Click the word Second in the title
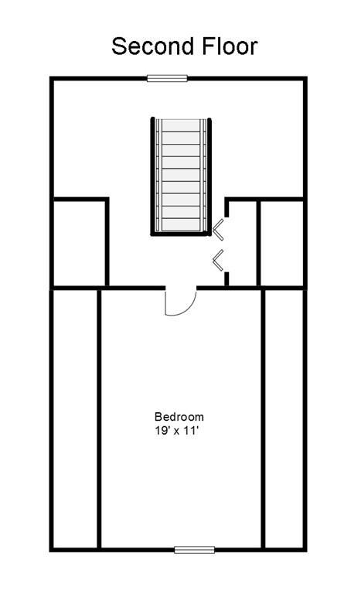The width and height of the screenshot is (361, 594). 153,46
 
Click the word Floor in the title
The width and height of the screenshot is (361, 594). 230,46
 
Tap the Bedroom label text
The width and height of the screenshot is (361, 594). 179,417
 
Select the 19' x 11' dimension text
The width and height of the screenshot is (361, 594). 176,431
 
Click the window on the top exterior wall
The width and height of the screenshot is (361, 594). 167,78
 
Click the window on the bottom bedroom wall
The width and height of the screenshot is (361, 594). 194,549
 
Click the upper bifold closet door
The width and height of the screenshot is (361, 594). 218,229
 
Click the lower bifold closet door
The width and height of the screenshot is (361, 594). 218,261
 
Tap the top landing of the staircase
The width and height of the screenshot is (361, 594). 181,125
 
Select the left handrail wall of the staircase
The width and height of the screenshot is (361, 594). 153,176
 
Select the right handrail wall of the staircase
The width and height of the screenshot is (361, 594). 209,176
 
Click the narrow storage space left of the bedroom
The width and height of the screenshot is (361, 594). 76,418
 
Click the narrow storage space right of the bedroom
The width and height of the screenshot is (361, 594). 284,418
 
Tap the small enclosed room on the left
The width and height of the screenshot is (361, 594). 79,243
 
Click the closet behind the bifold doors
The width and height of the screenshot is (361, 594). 244,243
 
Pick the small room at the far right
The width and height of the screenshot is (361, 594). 281,243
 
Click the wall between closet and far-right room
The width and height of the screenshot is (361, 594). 259,243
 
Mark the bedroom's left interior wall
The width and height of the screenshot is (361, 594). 99,418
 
